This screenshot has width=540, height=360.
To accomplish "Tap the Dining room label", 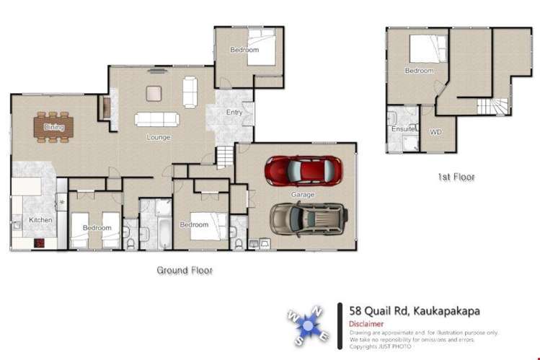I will [x=54, y=128].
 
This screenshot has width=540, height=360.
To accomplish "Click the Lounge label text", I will [x=158, y=137].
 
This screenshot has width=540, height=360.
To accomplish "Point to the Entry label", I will [x=234, y=113].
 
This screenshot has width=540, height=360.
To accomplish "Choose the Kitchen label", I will [x=40, y=219].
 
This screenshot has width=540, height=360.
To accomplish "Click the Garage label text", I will [x=303, y=195].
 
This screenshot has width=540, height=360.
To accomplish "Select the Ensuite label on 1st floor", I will [x=402, y=129].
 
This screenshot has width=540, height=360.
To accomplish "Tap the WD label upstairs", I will [x=435, y=133].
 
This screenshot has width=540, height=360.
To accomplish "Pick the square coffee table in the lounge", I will [x=155, y=93].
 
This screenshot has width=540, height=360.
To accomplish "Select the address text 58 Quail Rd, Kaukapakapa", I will [x=415, y=311].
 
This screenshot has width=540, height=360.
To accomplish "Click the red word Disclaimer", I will [x=367, y=324].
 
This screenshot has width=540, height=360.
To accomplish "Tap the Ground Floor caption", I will [x=185, y=271].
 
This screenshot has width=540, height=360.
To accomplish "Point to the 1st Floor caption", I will [x=456, y=177].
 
